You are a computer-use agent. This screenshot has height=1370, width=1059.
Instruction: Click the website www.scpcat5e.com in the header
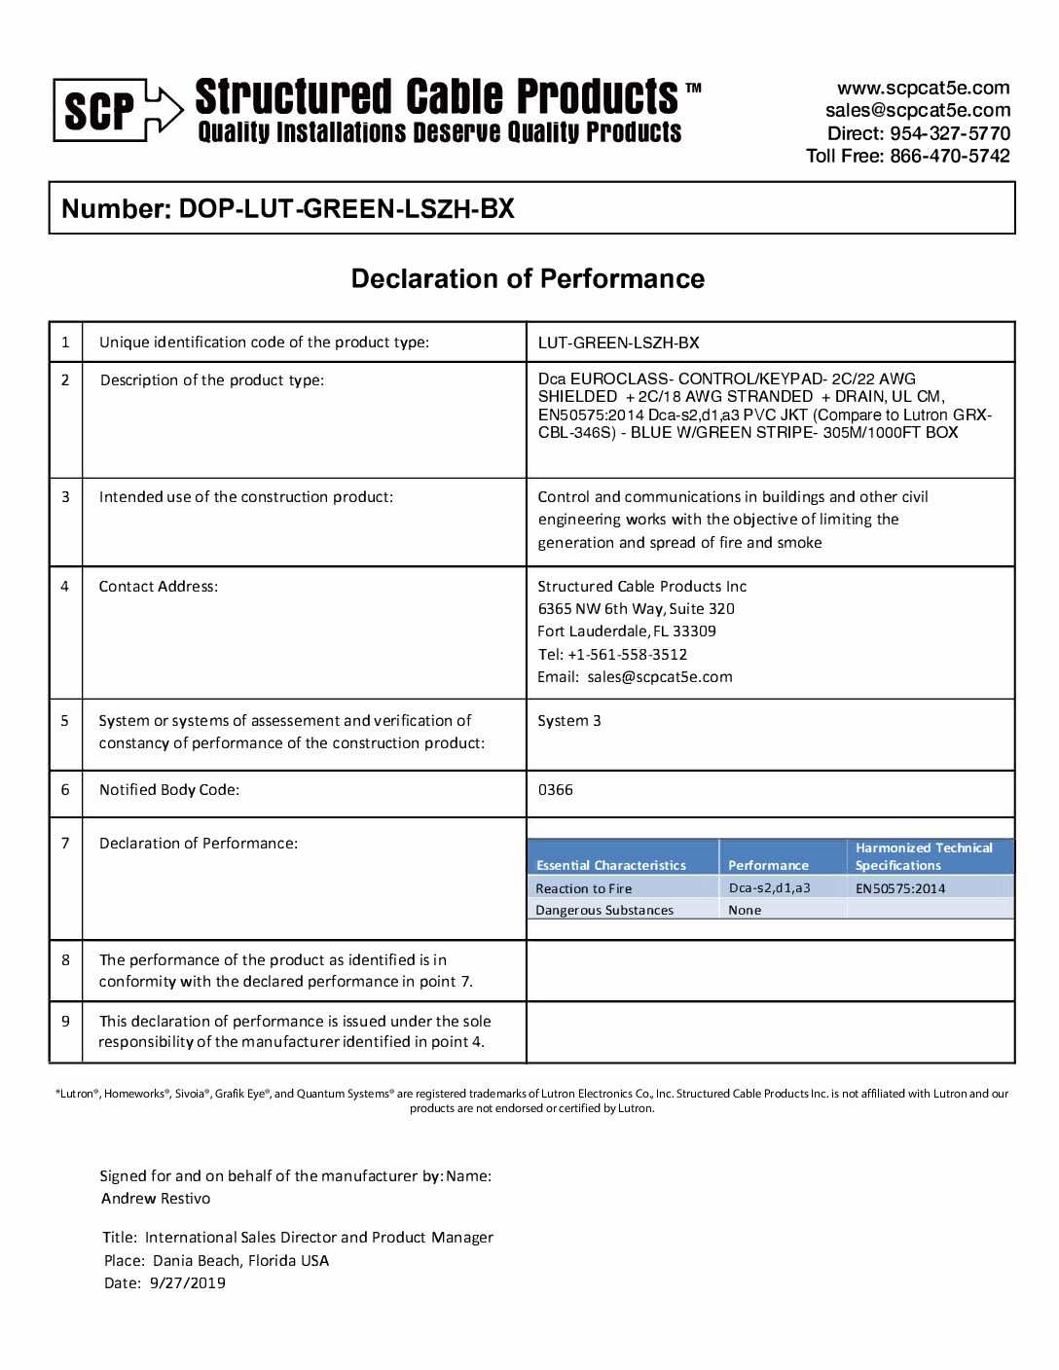click(x=923, y=89)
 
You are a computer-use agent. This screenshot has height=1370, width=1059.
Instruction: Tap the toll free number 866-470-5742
click(x=949, y=156)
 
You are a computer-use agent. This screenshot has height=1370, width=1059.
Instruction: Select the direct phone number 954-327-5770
click(x=949, y=133)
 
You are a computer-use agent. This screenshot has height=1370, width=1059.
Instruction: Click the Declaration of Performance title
click(x=528, y=279)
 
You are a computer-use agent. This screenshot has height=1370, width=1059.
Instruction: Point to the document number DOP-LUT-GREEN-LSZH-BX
click(x=347, y=209)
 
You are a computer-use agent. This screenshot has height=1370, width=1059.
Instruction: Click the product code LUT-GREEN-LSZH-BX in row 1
click(x=618, y=342)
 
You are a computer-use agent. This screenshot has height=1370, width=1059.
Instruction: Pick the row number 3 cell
click(x=65, y=497)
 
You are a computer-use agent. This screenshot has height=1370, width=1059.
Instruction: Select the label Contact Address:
click(x=159, y=587)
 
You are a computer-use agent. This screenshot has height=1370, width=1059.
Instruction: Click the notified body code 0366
click(x=556, y=790)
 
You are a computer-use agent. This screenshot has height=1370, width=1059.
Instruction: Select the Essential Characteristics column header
click(x=611, y=865)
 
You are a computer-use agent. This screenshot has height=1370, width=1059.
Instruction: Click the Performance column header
click(x=768, y=865)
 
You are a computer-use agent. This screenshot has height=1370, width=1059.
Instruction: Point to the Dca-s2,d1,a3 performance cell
click(x=769, y=887)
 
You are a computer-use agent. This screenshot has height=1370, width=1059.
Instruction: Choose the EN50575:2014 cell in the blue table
click(x=900, y=888)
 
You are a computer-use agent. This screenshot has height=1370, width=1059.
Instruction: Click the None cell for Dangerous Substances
click(x=745, y=911)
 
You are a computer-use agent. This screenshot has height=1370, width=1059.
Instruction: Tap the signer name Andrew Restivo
click(x=156, y=1199)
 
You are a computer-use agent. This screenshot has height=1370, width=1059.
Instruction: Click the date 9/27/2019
click(x=187, y=1283)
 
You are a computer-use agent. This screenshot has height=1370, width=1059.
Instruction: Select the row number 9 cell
click(x=65, y=1022)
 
